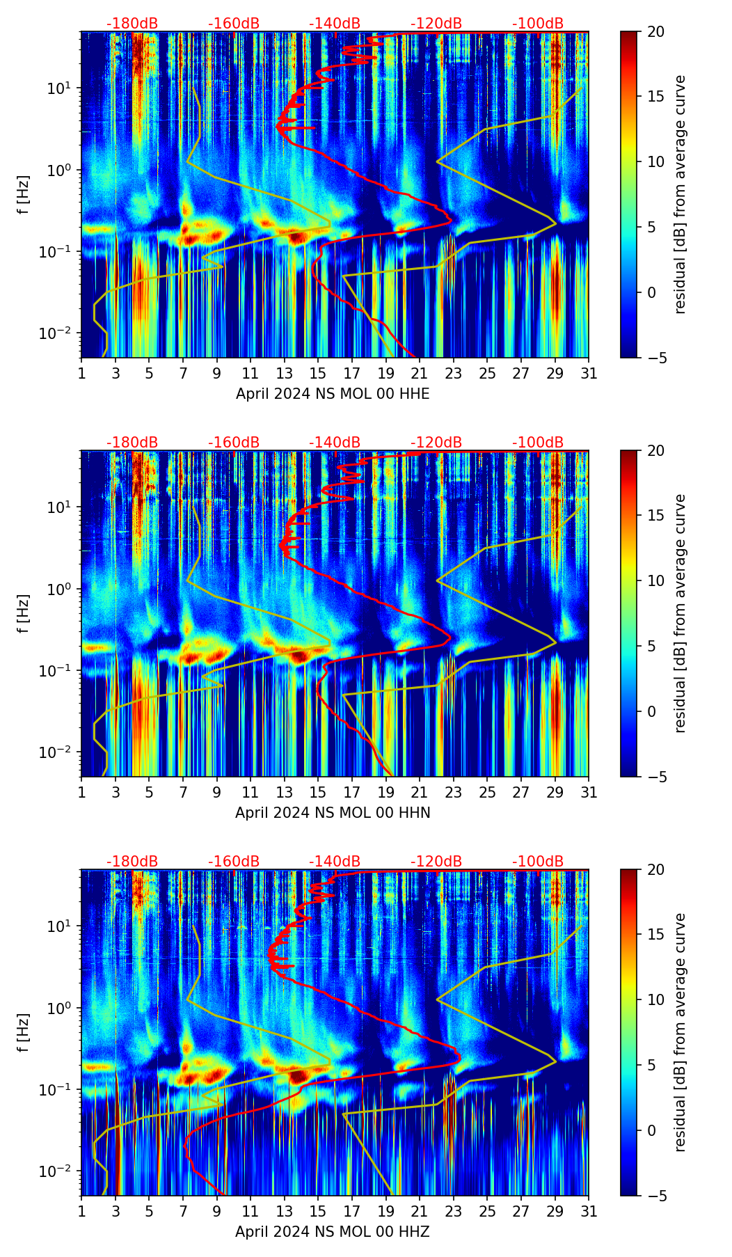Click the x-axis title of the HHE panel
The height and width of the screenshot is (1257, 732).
pyautogui.click(x=333, y=394)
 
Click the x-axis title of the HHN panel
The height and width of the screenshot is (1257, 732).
pyautogui.click(x=333, y=813)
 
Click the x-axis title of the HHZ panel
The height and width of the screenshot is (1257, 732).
pyautogui.click(x=333, y=1232)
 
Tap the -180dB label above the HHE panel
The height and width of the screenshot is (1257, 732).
pyautogui.click(x=132, y=24)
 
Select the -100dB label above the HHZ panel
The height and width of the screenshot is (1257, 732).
pyautogui.click(x=538, y=862)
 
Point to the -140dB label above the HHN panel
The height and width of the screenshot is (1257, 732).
pyautogui.click(x=335, y=443)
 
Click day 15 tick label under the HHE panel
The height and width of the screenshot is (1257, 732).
pyautogui.click(x=318, y=374)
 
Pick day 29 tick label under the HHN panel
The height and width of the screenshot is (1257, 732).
pyautogui.click(x=555, y=793)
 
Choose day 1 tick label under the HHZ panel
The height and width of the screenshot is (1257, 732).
pyautogui.click(x=82, y=1212)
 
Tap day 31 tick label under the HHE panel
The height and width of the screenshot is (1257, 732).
pyautogui.click(x=589, y=374)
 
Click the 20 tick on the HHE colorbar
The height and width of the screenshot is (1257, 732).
pyautogui.click(x=656, y=32)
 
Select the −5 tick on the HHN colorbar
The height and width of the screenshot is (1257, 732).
pyautogui.click(x=656, y=777)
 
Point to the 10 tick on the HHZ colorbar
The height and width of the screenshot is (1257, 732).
pyautogui.click(x=656, y=999)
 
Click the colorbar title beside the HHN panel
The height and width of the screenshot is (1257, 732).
pyautogui.click(x=681, y=613)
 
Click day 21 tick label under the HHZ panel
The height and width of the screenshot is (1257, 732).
pyautogui.click(x=420, y=1212)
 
